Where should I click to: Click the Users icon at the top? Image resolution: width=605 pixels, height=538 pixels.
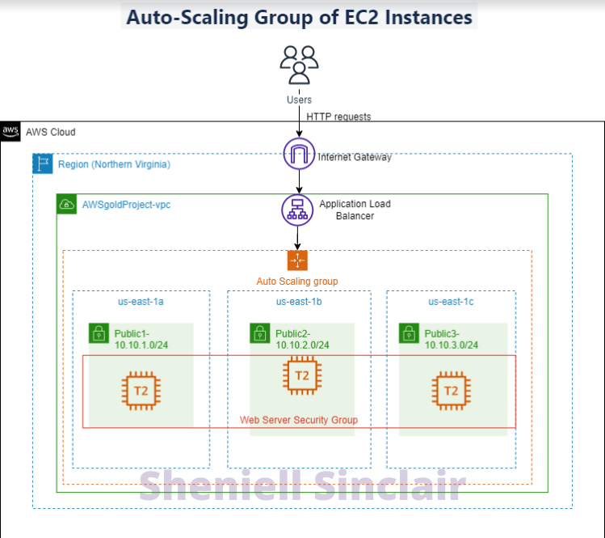(298, 64)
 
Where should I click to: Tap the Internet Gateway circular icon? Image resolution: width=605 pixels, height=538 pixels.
(298, 154)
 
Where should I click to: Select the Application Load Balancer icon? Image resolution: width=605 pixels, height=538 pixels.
(297, 210)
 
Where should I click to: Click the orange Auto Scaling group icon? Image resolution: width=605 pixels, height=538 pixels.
(297, 260)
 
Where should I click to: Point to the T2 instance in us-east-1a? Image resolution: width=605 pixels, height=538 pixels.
(139, 390)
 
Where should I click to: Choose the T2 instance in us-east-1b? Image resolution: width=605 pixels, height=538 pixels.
(300, 375)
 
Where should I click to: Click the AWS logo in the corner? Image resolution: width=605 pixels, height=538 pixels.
(11, 131)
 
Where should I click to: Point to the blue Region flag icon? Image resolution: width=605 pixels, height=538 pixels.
(42, 164)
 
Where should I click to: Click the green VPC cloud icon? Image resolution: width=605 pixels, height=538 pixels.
(66, 205)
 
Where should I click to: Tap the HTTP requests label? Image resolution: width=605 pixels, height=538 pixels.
(338, 116)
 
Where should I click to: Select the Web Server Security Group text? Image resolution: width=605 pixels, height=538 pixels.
(299, 420)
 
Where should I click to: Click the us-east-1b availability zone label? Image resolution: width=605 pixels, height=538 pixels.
(299, 302)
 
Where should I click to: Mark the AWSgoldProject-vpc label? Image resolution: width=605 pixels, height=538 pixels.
(126, 205)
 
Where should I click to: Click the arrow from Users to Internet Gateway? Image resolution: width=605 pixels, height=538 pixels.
(298, 121)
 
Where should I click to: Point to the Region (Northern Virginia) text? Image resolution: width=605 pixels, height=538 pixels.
(114, 164)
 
